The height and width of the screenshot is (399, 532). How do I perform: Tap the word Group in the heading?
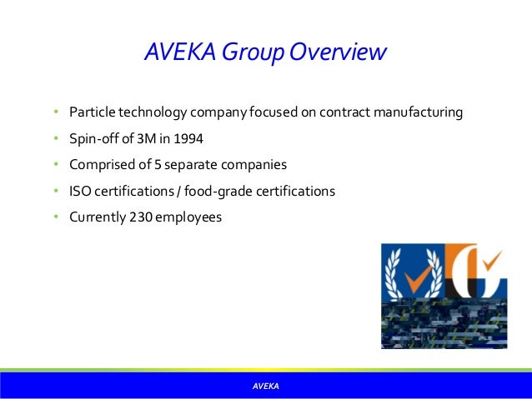click(x=248, y=52)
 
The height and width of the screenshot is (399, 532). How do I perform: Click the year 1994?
click(x=188, y=138)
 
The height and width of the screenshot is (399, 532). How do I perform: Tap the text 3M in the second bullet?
click(x=146, y=138)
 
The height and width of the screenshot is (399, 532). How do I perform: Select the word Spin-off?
click(x=93, y=138)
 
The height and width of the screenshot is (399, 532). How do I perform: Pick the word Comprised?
click(x=101, y=165)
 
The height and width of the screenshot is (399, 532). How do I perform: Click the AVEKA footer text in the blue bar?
click(x=266, y=387)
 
